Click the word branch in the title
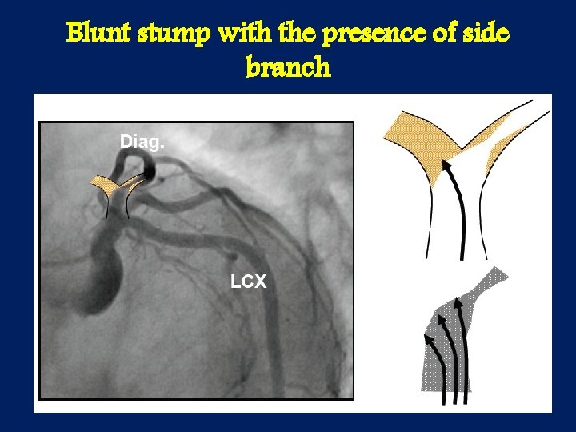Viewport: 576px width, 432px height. point(288,67)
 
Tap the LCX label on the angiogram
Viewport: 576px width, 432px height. point(248,282)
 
